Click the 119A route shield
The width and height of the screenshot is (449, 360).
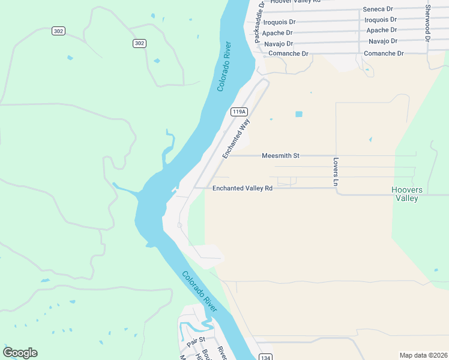[239, 112]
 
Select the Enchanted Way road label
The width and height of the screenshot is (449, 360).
[236, 139]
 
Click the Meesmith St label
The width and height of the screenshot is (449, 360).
[280, 155]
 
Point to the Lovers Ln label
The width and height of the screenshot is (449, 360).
[336, 171]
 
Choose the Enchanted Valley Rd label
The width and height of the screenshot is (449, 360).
[243, 188]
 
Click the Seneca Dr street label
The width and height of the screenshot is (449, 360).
[378, 9]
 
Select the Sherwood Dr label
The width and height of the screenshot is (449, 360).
[428, 22]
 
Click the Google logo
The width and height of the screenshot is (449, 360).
[20, 353]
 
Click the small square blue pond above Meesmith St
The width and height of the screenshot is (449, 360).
[299, 114]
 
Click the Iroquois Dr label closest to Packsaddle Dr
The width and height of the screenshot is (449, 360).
[280, 22]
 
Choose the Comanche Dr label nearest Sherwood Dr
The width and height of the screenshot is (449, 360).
[384, 53]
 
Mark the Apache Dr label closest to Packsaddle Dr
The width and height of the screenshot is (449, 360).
[277, 33]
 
